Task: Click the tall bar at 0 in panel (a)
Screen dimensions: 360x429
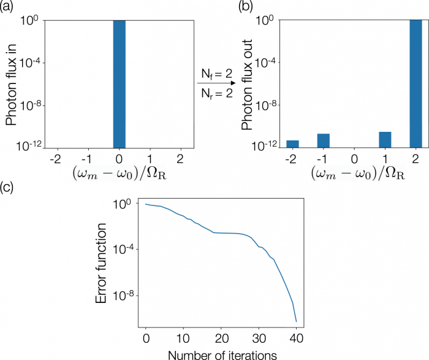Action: (x=119, y=83)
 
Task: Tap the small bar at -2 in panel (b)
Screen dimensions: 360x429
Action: (x=292, y=144)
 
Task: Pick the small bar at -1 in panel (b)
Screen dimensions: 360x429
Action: (x=323, y=140)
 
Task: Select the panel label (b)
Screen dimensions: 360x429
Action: (x=246, y=8)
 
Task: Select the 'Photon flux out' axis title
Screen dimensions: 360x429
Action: (x=246, y=83)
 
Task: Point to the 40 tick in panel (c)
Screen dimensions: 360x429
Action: (x=296, y=338)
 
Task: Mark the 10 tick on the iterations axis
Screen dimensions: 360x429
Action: (x=183, y=338)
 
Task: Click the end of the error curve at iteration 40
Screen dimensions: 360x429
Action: (x=296, y=321)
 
